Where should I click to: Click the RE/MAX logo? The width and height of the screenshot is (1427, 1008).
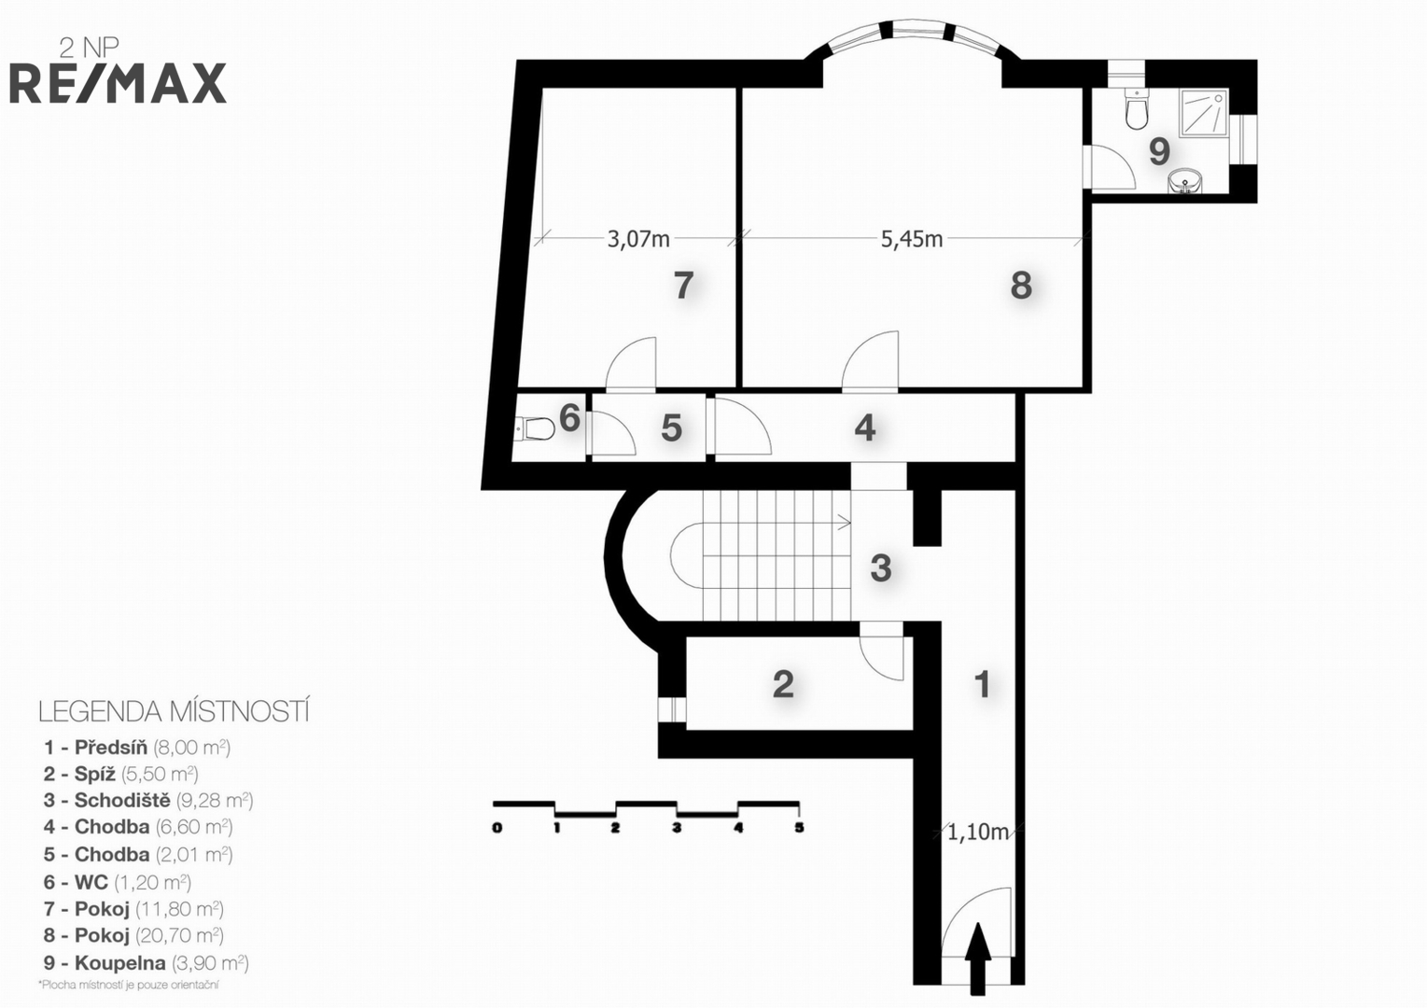[118, 83]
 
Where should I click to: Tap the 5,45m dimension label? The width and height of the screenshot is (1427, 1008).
[912, 239]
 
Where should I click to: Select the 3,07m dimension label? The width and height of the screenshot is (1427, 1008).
[638, 239]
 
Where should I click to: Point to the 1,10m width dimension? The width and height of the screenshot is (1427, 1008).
[978, 833]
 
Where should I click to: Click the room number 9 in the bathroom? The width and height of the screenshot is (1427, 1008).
[1159, 151]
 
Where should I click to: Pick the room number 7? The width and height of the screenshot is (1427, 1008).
[683, 286]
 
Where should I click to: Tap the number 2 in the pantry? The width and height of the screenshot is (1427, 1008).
[783, 684]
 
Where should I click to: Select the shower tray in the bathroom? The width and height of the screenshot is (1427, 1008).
[1203, 113]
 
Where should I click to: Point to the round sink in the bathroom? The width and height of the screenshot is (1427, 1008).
[1185, 180]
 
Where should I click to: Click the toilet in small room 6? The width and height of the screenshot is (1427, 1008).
[534, 428]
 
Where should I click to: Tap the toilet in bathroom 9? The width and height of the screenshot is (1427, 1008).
[1137, 109]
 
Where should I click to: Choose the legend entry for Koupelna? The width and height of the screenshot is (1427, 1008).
[146, 963]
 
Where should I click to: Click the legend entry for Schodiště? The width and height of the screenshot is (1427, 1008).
[148, 800]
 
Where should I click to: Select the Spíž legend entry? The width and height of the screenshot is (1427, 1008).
[121, 774]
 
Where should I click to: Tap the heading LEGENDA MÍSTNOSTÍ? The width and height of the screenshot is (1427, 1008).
[174, 712]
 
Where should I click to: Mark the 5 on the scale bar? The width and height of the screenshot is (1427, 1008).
[799, 828]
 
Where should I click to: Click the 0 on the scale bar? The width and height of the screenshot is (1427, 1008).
[497, 828]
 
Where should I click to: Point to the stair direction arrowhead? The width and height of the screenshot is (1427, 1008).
[846, 523]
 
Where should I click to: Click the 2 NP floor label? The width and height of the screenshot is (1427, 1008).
[89, 48]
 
